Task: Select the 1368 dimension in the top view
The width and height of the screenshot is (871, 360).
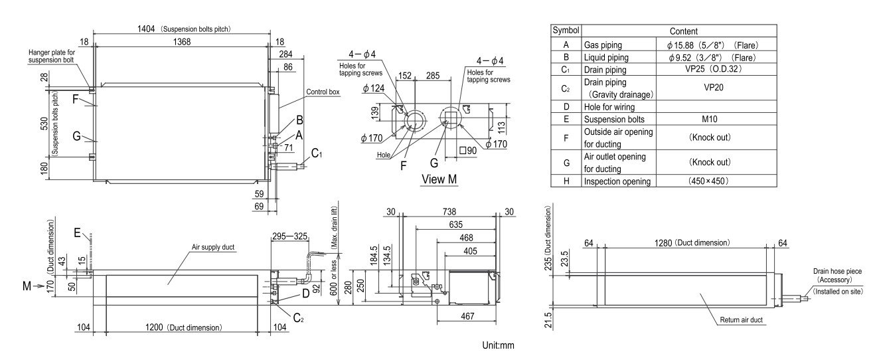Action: click(x=181, y=41)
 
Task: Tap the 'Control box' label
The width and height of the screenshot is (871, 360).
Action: click(x=323, y=92)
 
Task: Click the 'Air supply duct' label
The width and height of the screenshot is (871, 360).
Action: click(x=216, y=246)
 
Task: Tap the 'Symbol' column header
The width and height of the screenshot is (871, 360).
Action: click(x=565, y=31)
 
